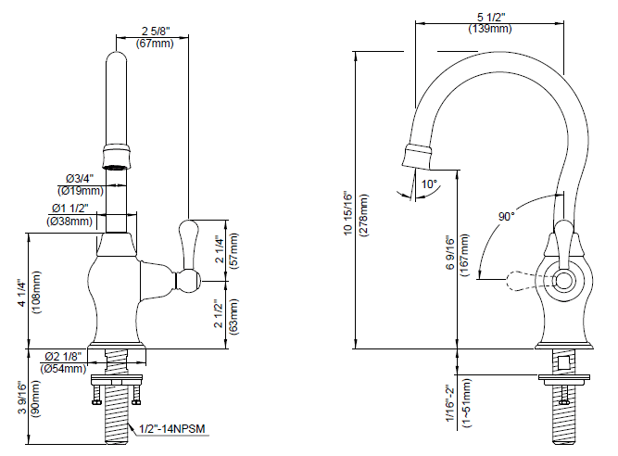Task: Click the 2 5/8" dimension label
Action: point(156,32)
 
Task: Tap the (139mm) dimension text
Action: point(490,29)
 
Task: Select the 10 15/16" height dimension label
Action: point(348,213)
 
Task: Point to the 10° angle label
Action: point(429,184)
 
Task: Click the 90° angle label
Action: point(507,216)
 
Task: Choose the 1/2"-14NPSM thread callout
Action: point(172,428)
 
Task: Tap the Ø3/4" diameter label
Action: point(80,179)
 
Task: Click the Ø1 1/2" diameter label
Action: point(70,209)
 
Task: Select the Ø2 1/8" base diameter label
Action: point(63,357)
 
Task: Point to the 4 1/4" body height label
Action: point(21,292)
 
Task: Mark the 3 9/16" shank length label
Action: point(22,398)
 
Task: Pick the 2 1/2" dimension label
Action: point(220,316)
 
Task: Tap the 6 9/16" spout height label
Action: point(451,253)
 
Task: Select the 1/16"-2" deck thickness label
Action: point(451,403)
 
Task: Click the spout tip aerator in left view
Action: point(117,157)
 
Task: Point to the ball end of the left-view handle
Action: point(187,281)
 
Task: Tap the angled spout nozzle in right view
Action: point(417,157)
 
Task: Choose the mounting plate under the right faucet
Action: point(564,379)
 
